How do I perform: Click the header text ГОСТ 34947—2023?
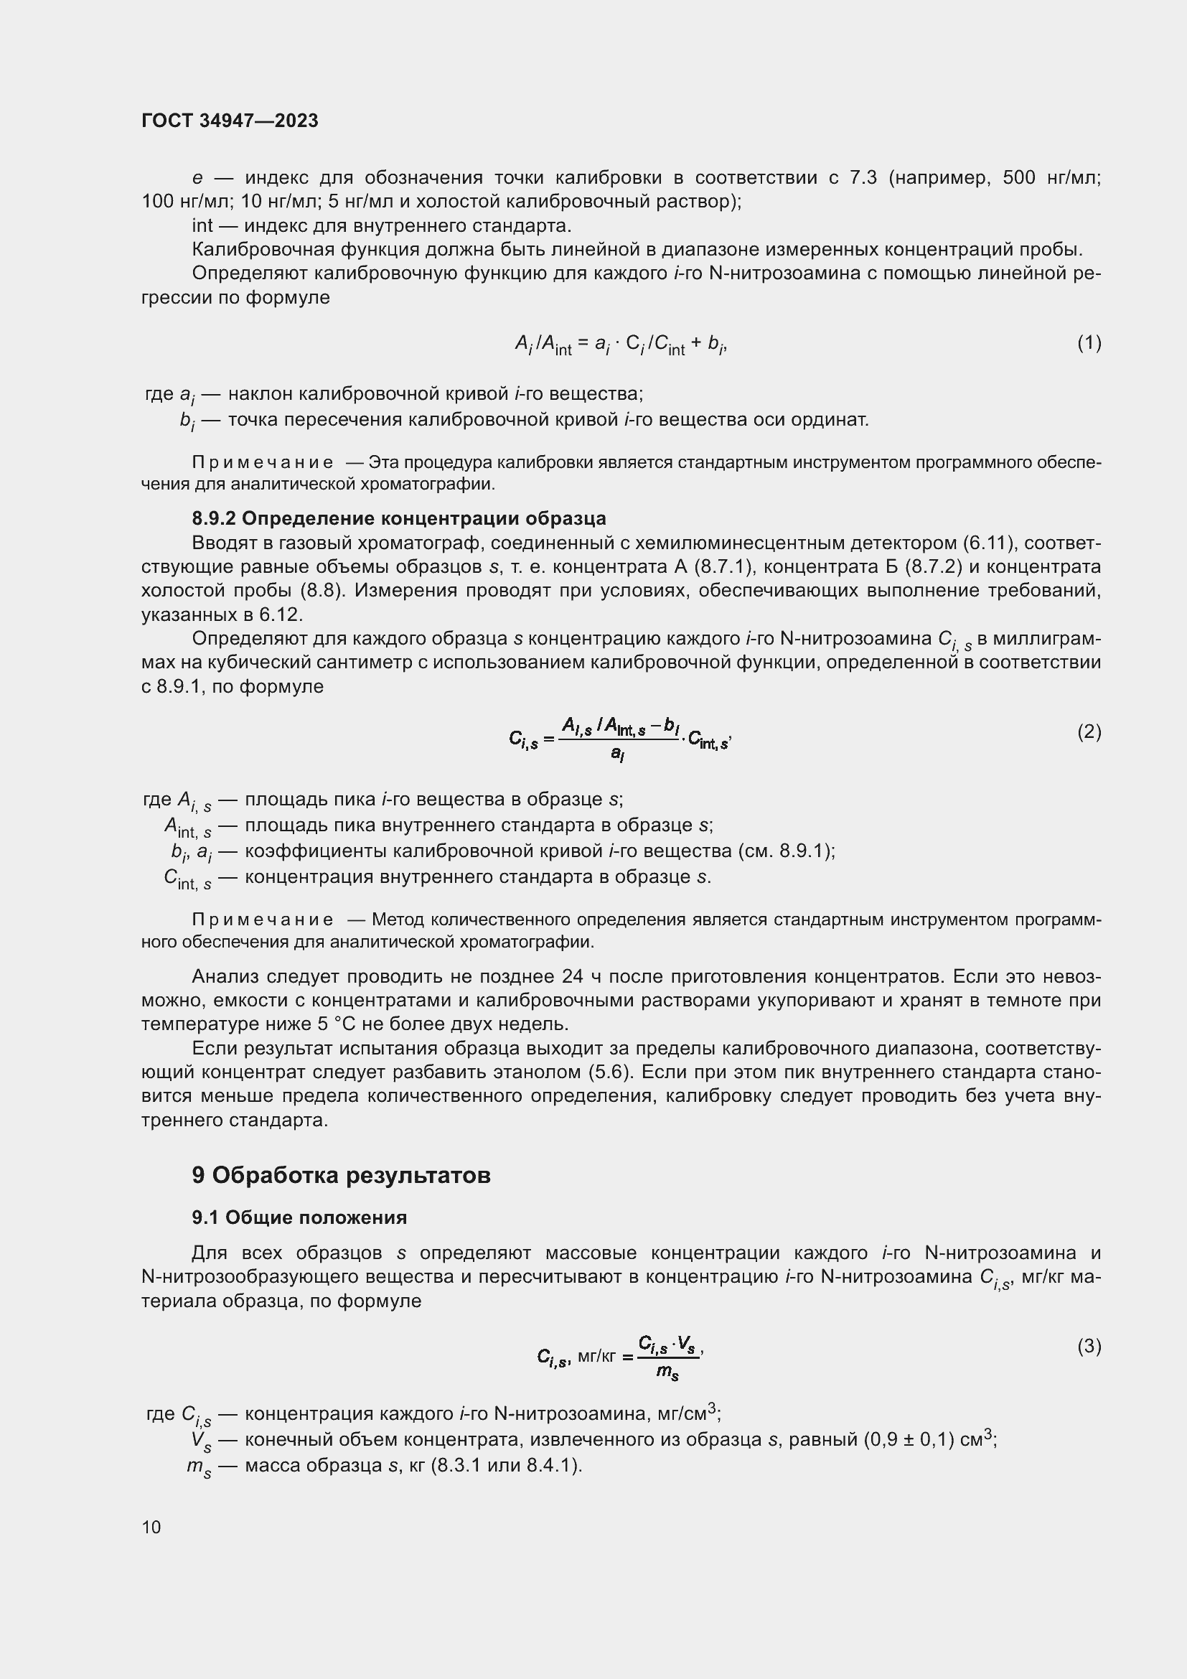pos(230,121)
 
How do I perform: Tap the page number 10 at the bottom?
pos(151,1527)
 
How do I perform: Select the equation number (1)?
pos(1089,342)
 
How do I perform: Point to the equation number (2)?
pos(1089,731)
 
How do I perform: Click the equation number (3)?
pos(1089,1345)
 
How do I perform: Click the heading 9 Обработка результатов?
pos(341,1175)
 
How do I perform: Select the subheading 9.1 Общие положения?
pos(299,1217)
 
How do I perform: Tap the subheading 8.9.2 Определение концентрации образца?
pos(398,518)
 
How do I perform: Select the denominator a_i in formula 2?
pos(618,753)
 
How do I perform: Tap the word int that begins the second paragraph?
pos(202,225)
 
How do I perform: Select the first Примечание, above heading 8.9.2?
pos(263,463)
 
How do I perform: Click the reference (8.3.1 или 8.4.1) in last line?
pos(506,1466)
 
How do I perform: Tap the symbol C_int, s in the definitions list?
pos(187,878)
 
